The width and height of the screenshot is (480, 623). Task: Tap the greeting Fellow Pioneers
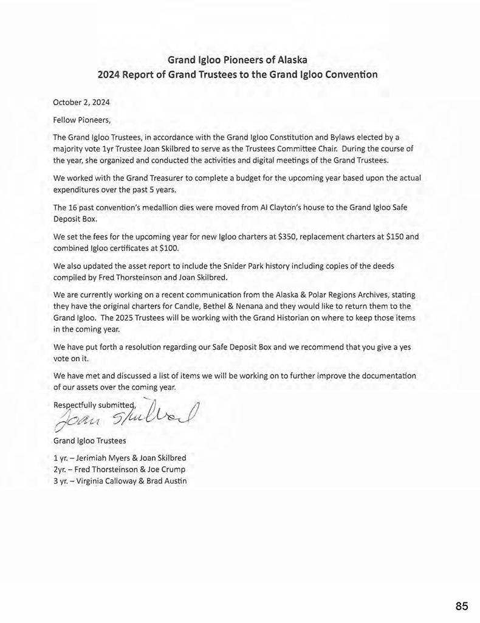pyautogui.click(x=83, y=120)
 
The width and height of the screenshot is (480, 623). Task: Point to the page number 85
pyautogui.click(x=461, y=606)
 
